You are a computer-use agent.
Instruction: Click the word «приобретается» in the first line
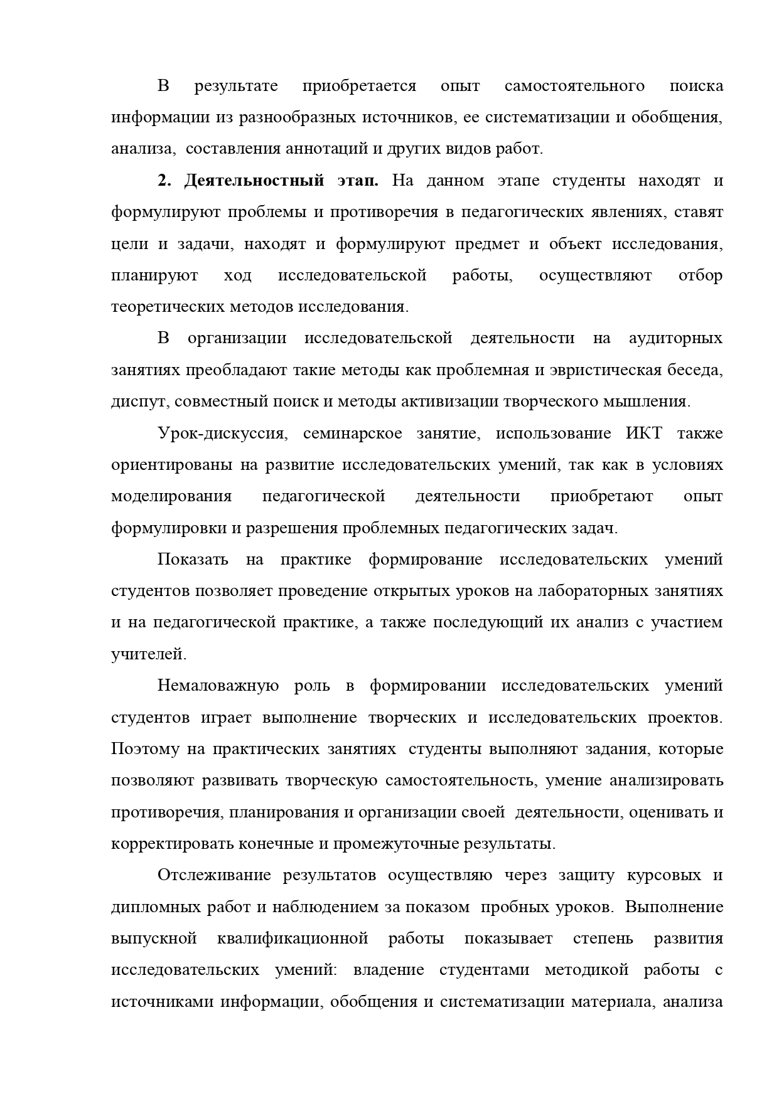pyautogui.click(x=359, y=86)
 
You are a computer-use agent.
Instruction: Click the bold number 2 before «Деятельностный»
pyautogui.click(x=163, y=181)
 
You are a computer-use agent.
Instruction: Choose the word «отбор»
pyautogui.click(x=701, y=275)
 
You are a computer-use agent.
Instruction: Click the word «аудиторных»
pyautogui.click(x=675, y=339)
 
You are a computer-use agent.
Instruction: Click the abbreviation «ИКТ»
pyautogui.click(x=643, y=433)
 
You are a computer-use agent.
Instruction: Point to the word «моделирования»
pyautogui.click(x=171, y=496)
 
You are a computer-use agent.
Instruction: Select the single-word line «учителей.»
pyautogui.click(x=149, y=654)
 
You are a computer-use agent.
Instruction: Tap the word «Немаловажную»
pyautogui.click(x=218, y=686)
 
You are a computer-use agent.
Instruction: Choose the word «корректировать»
pyautogui.click(x=173, y=844)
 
